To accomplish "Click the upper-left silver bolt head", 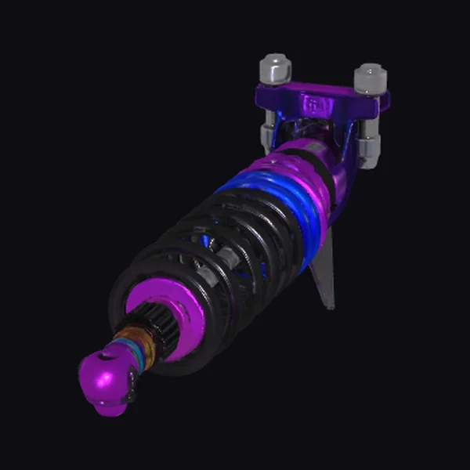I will click(274, 68).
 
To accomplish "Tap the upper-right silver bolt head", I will click(370, 78).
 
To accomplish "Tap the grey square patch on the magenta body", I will click(311, 150).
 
